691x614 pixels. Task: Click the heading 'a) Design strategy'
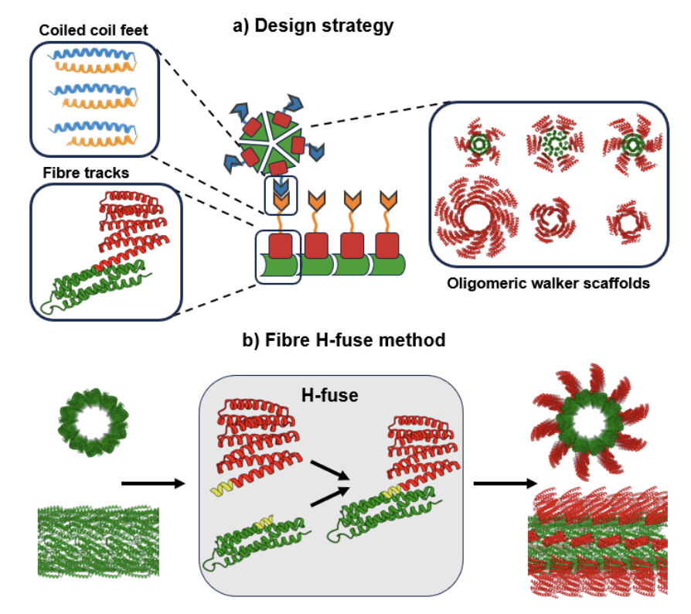pyautogui.click(x=313, y=26)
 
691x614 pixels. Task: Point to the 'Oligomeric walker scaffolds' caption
pyautogui.click(x=548, y=283)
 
